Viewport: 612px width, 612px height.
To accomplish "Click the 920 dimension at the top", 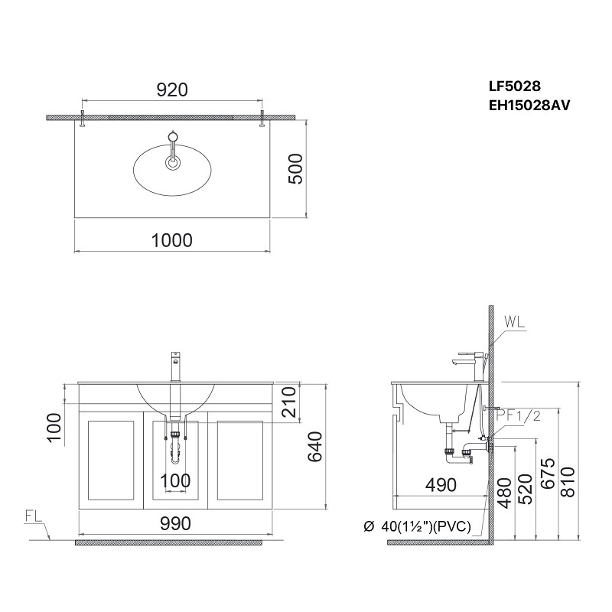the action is pos(172,90).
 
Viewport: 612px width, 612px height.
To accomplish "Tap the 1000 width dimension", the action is pos(171,240).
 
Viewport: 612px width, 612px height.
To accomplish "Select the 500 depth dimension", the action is pos(295,168).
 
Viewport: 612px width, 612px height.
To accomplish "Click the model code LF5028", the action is pos(514,86).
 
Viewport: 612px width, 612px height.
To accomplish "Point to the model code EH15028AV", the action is pos(529,106).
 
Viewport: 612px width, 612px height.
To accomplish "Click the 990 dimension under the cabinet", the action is pos(175,524).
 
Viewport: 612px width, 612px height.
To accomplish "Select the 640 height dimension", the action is pos(314,447).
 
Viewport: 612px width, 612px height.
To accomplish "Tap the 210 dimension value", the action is pos(289,402).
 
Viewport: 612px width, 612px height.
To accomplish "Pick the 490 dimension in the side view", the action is pos(441,485).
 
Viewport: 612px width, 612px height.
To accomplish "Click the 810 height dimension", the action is pos(568,482).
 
